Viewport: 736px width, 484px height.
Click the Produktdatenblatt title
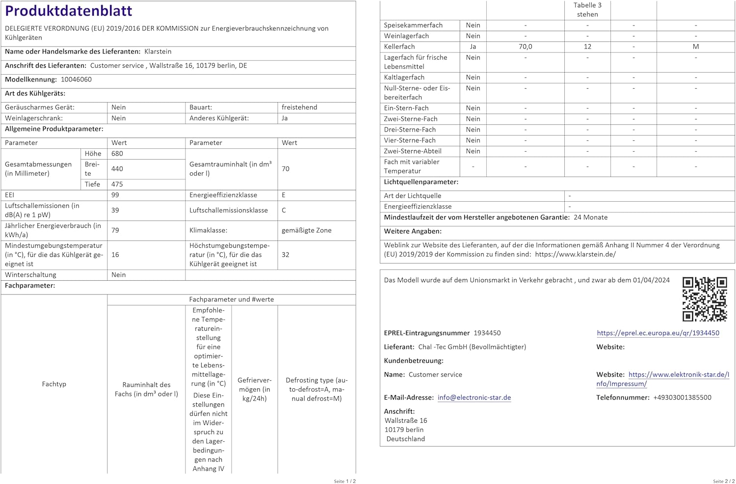(69, 11)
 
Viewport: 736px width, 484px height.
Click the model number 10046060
(76, 80)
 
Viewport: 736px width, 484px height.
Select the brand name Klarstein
(158, 52)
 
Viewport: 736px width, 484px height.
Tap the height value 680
(117, 154)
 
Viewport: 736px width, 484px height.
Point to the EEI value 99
(115, 195)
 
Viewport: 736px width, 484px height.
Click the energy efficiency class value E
(284, 195)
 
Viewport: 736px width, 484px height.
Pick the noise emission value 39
(115, 210)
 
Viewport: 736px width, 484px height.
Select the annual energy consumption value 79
(115, 230)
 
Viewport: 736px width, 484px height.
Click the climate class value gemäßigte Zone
(306, 230)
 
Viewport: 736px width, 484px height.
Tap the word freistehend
(299, 108)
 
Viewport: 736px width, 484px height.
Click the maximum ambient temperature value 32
(286, 255)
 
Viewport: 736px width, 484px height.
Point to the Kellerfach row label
(399, 47)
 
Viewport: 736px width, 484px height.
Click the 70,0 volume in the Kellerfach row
(525, 47)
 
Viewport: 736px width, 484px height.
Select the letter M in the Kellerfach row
(695, 47)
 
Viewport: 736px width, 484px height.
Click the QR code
(705, 299)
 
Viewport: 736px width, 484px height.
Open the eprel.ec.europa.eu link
(658, 333)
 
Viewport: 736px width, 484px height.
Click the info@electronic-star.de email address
(474, 398)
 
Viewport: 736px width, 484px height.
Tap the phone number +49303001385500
(682, 398)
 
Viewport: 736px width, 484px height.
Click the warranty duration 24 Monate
(590, 217)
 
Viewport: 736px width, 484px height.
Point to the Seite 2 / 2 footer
(724, 481)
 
